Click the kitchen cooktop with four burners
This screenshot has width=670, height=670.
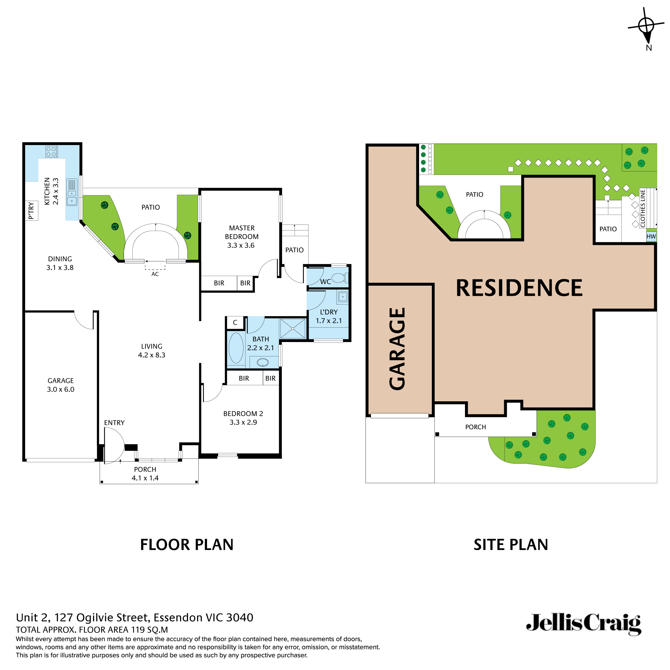[52, 151]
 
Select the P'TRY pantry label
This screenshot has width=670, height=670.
[31, 211]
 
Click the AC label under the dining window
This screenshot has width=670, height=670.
[155, 274]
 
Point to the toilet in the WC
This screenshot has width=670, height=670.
[338, 278]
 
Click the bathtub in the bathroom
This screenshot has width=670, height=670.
[236, 348]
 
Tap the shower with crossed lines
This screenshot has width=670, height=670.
[293, 328]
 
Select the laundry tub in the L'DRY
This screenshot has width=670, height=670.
[343, 297]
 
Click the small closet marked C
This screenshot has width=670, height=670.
[235, 323]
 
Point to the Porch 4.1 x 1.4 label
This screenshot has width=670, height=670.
[145, 474]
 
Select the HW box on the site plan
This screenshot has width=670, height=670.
[651, 237]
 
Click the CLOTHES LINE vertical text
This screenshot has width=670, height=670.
[643, 208]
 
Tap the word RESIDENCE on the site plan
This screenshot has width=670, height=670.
[519, 288]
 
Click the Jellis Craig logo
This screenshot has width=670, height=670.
[583, 624]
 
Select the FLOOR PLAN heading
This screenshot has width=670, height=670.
[187, 545]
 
